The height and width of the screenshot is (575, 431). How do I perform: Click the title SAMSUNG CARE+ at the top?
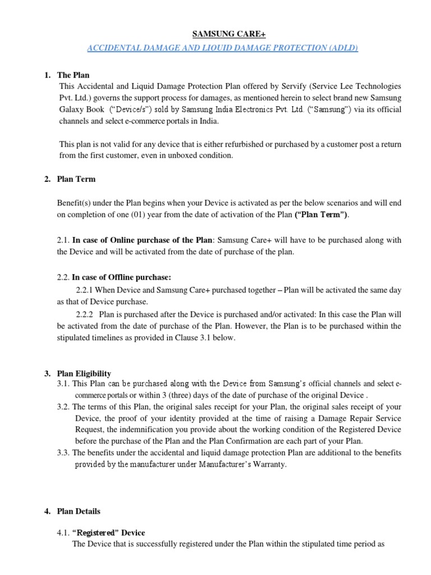click(222, 35)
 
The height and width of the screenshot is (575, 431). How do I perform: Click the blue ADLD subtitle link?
click(222, 48)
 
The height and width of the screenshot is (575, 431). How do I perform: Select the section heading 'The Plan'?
click(73, 75)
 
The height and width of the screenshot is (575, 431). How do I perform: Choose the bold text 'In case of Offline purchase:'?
click(122, 277)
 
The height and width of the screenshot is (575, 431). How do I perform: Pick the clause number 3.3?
click(63, 453)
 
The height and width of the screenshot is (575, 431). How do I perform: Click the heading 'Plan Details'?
click(79, 511)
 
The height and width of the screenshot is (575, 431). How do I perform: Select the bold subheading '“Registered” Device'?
click(109, 532)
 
